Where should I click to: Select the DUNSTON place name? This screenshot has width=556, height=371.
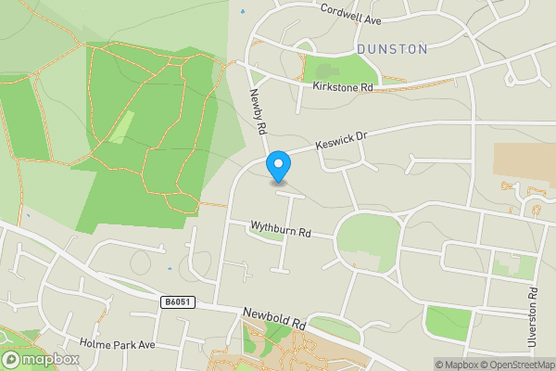click(392, 48)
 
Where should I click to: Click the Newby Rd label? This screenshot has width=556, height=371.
click(258, 113)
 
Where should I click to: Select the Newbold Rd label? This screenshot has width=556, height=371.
click(274, 320)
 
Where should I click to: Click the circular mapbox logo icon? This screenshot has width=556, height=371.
click(12, 359)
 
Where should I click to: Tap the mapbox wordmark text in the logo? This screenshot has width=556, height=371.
click(50, 359)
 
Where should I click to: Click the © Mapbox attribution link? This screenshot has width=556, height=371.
click(456, 365)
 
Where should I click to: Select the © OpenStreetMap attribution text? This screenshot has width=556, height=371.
click(516, 365)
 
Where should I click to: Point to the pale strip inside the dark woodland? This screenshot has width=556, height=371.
click(122, 126)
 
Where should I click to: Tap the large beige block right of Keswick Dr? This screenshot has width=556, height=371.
click(524, 161)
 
